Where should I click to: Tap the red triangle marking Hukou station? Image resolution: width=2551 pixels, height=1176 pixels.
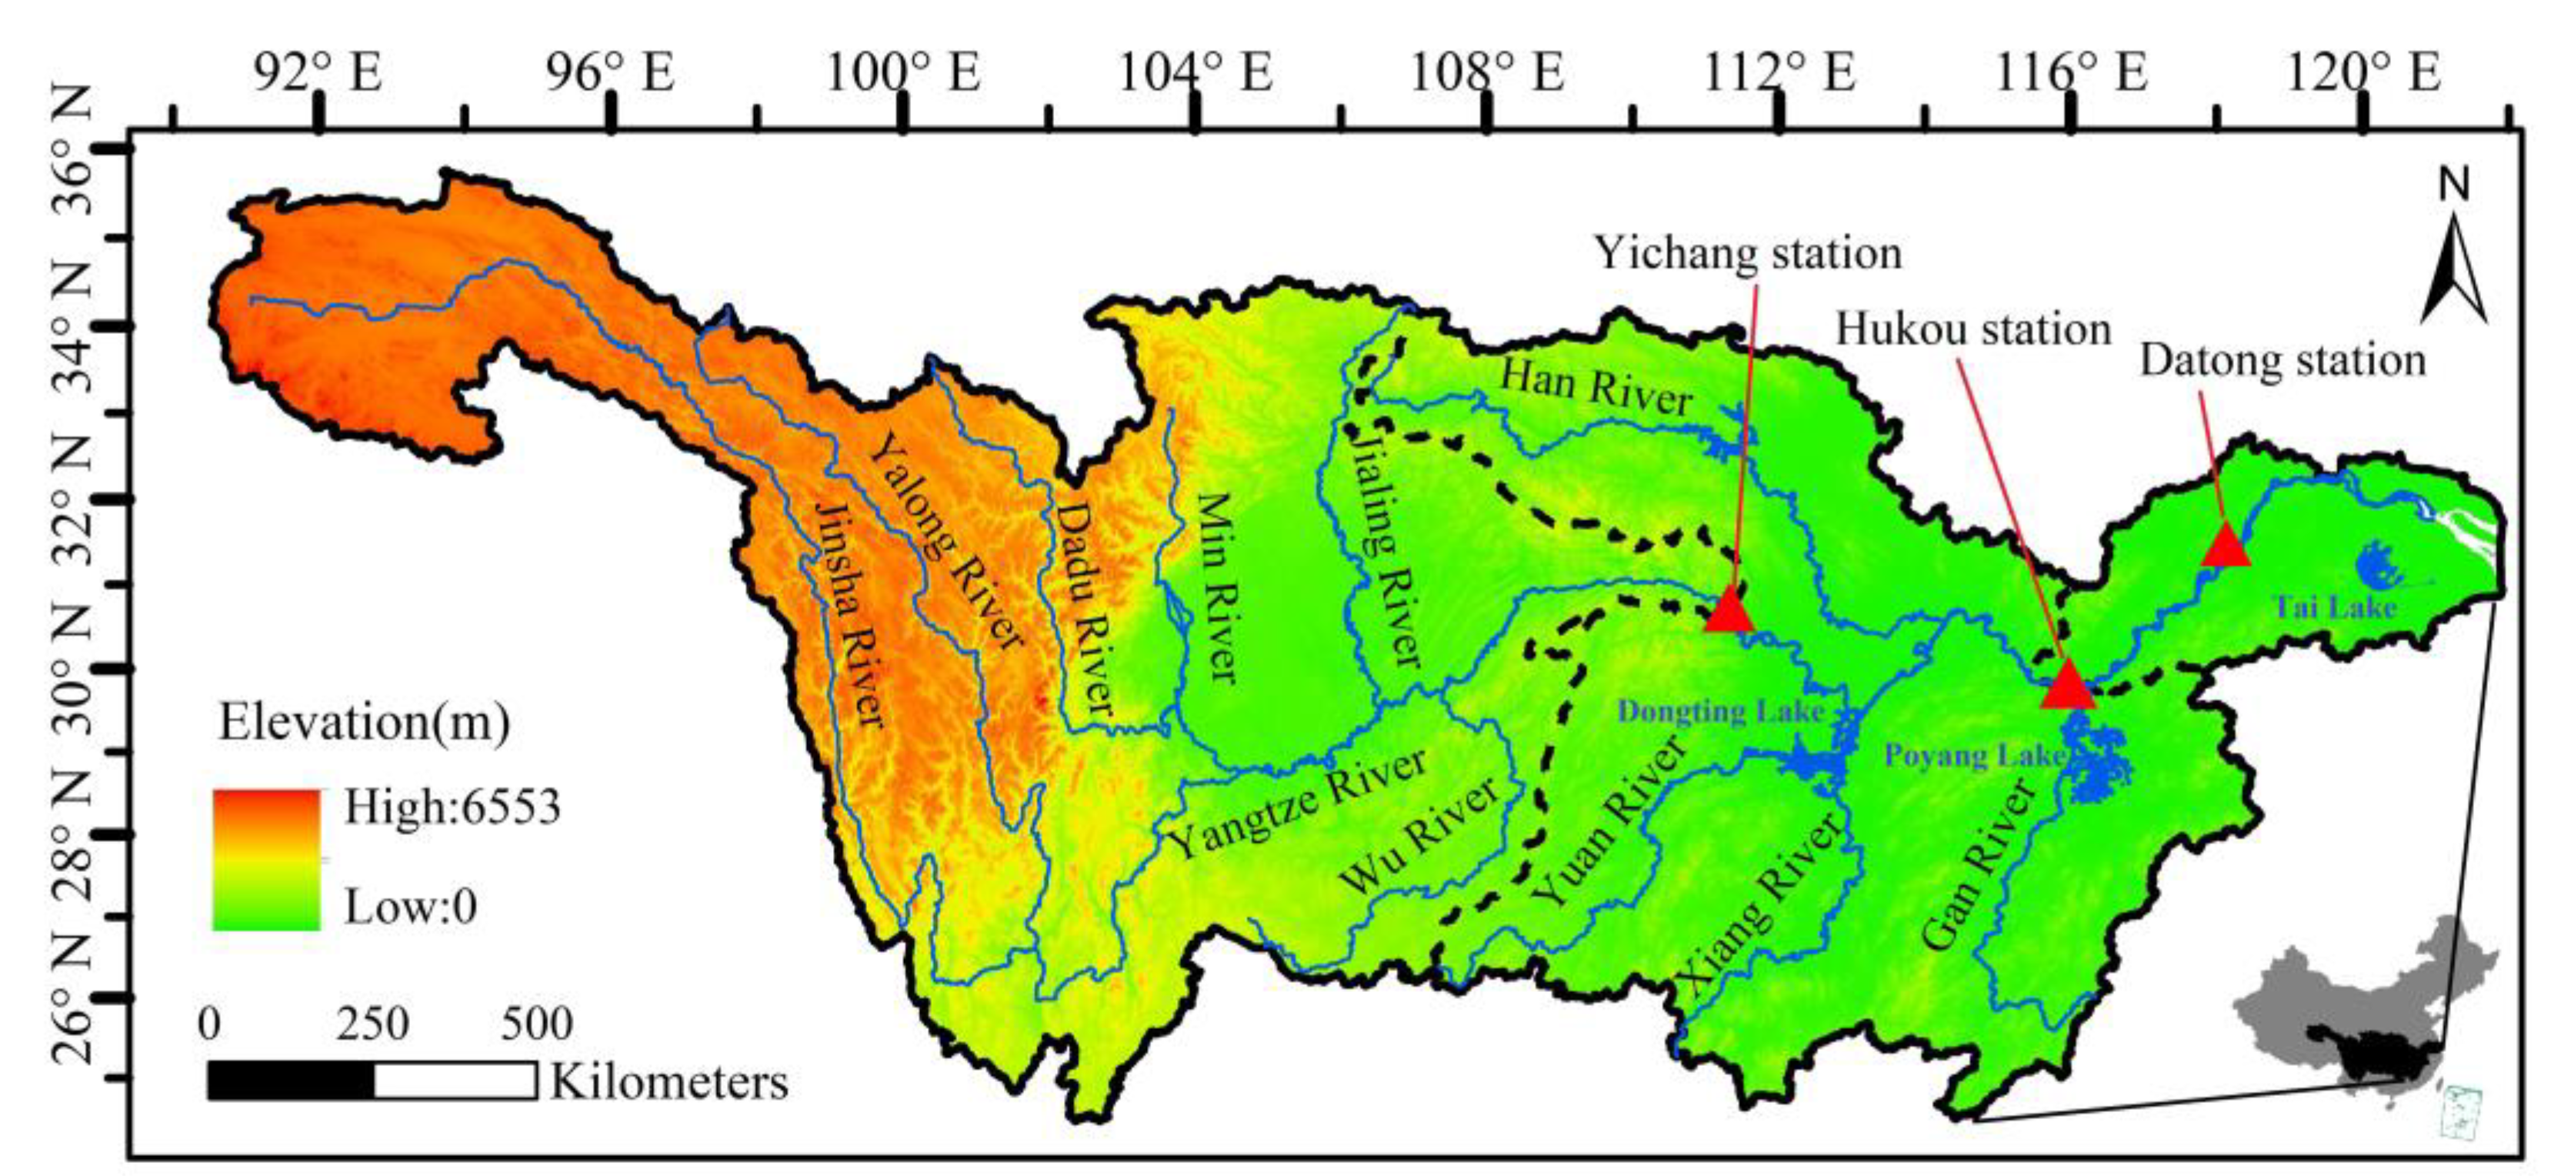pyautogui.click(x=2069, y=687)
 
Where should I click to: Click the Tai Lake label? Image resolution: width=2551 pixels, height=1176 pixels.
pyautogui.click(x=2334, y=606)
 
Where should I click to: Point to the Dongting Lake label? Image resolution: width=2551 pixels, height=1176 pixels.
pyautogui.click(x=1721, y=710)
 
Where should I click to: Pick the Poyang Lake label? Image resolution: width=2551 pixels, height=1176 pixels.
pyautogui.click(x=1974, y=756)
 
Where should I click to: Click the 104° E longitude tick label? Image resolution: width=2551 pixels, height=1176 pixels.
pyautogui.click(x=1195, y=72)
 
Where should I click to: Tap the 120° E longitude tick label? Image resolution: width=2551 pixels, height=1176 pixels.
pyautogui.click(x=2364, y=72)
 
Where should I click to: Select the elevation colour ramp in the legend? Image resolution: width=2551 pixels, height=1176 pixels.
pyautogui.click(x=266, y=858)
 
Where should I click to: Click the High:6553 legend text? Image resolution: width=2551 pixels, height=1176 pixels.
pyautogui.click(x=452, y=807)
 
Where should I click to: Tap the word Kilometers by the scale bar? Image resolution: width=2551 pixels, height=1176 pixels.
pyautogui.click(x=669, y=1082)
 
